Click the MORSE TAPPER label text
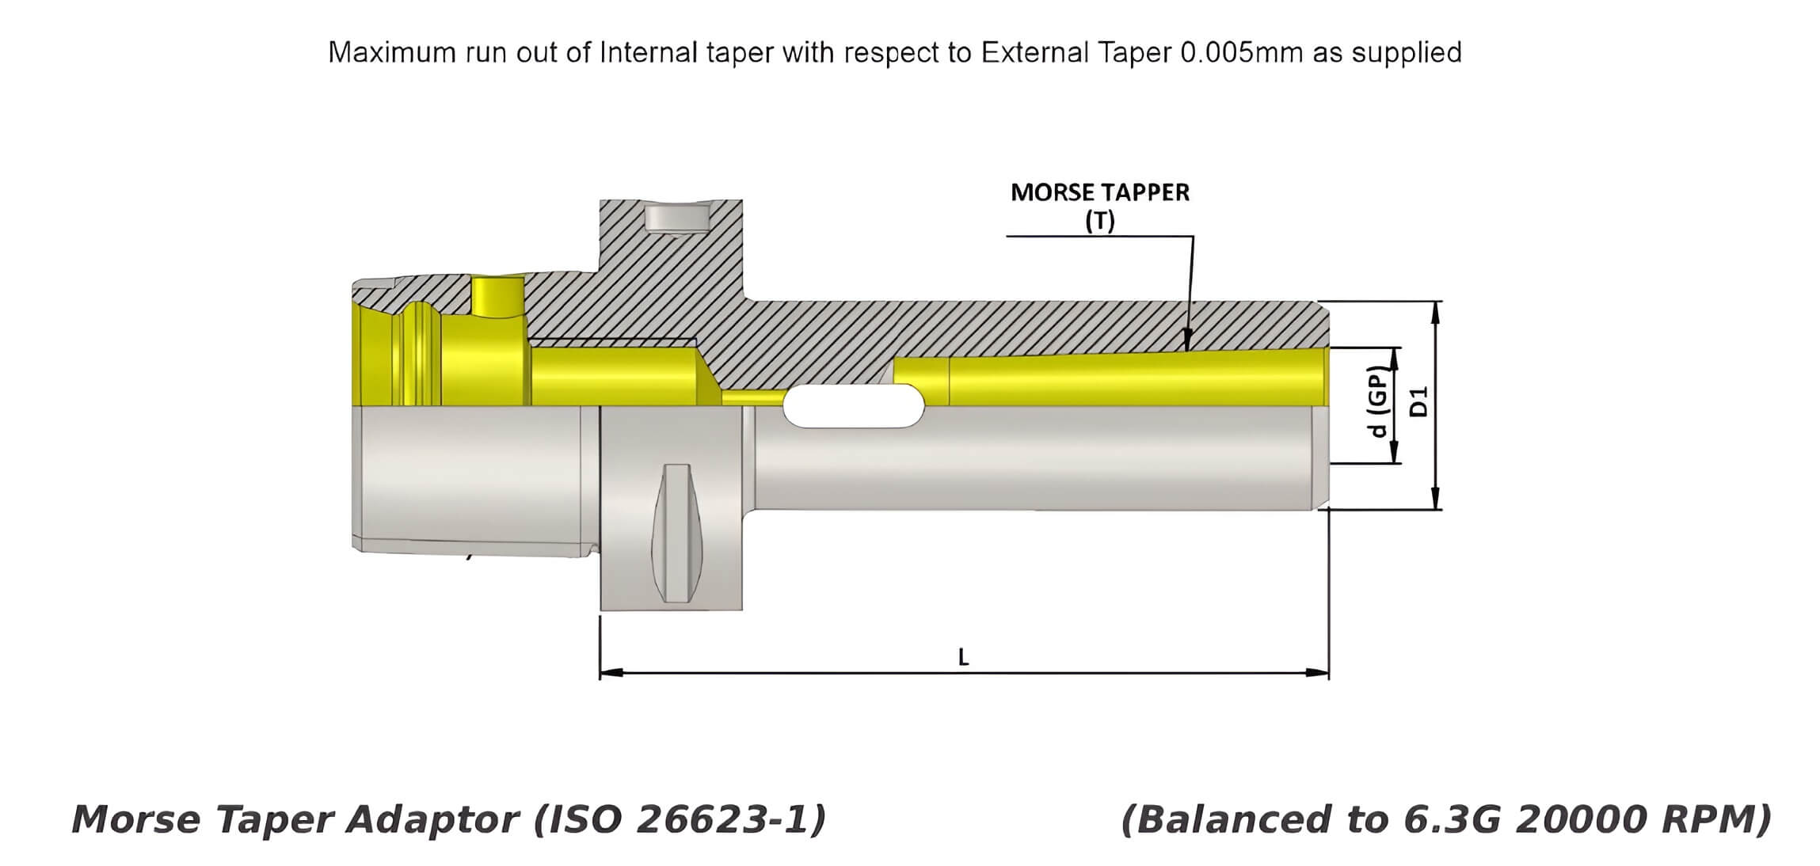(x=1099, y=192)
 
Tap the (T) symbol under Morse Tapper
(x=1099, y=222)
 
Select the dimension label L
(x=963, y=656)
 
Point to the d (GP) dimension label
(x=1379, y=402)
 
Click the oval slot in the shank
(x=853, y=406)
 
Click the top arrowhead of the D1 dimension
(x=1435, y=310)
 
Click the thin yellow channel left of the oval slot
(x=752, y=396)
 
